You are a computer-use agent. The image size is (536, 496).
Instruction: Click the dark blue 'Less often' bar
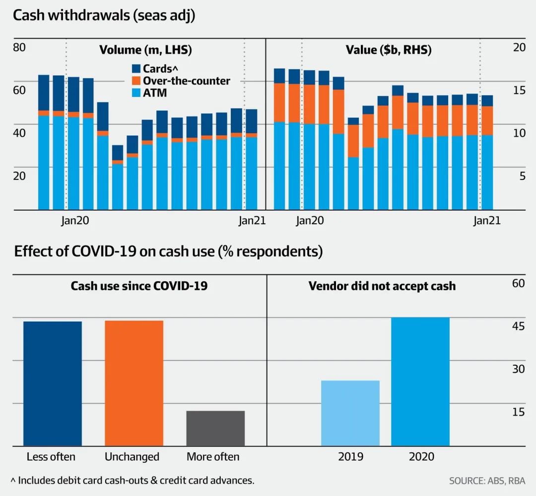point(53,383)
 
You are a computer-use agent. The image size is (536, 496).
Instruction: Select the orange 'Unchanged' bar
point(134,383)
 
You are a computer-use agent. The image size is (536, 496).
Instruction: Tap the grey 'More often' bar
point(215,428)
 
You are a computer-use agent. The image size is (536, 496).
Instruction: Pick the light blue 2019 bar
point(350,413)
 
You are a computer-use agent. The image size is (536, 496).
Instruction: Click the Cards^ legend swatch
point(136,69)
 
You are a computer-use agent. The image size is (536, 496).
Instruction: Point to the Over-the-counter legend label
point(187,81)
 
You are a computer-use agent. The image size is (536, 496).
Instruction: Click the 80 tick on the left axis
point(19,48)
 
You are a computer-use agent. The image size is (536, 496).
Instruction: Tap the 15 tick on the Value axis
point(519,90)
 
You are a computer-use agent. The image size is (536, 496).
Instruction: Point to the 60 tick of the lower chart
point(518,283)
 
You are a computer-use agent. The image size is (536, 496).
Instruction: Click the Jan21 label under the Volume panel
point(252,221)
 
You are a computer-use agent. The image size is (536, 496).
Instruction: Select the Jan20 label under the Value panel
point(310,221)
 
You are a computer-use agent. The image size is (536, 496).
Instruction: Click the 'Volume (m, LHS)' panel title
point(145,50)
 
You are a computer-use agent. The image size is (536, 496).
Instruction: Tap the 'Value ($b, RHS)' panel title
point(388,50)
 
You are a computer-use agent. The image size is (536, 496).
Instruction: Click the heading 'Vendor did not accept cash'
point(382,286)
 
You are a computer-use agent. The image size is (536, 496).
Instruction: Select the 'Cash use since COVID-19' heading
point(139,286)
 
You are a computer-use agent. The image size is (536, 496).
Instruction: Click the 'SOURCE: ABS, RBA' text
point(487,481)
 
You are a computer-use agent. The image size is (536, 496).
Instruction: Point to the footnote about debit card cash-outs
point(133,481)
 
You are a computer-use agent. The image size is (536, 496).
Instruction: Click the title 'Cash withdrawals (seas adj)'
point(104,15)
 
